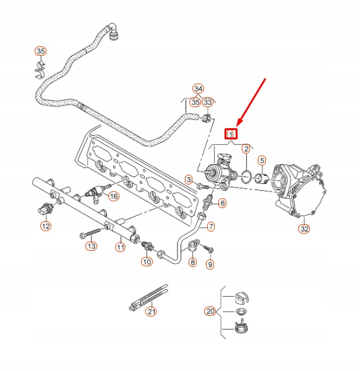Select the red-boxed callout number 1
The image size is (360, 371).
point(231,133)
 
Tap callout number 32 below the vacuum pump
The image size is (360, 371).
point(304,229)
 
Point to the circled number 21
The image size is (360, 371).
point(151,312)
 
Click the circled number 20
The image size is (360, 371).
point(210,310)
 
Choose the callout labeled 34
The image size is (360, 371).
point(198,89)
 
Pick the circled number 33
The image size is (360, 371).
point(208,102)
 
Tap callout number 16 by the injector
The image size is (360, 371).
point(113,196)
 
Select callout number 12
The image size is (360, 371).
point(46,227)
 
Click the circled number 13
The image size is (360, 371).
point(91,247)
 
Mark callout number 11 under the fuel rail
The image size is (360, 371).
point(121,247)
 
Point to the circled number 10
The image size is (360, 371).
point(147,262)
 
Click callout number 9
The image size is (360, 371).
point(210,264)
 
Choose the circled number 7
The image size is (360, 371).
point(211,227)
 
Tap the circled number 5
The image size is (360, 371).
point(262,161)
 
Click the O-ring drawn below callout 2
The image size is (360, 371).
point(246,176)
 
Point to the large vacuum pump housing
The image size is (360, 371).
point(301,189)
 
